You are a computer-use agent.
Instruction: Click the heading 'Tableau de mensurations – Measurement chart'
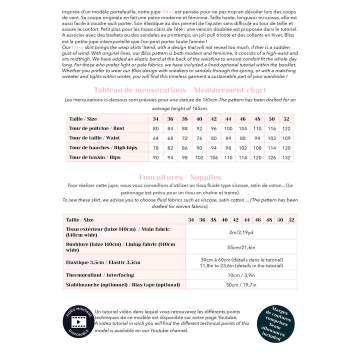180,90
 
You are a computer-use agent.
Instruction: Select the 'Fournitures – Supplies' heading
180,177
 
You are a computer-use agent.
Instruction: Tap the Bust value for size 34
156,128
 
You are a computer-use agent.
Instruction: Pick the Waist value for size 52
286,138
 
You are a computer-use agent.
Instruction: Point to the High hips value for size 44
228,147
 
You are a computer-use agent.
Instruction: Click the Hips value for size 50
272,157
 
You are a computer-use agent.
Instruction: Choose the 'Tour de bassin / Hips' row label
95,157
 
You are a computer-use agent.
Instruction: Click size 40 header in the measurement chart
199,119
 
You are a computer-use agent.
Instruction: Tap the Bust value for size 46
243,128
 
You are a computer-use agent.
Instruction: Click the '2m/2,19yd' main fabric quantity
241,232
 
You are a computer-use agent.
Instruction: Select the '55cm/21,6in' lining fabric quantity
241,247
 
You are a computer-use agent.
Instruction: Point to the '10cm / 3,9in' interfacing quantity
241,275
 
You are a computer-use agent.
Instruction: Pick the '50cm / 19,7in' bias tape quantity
241,285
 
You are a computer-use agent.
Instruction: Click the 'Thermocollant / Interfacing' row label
100,275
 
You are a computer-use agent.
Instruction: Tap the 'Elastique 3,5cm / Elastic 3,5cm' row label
103,262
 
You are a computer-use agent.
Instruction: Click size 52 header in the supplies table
291,220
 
